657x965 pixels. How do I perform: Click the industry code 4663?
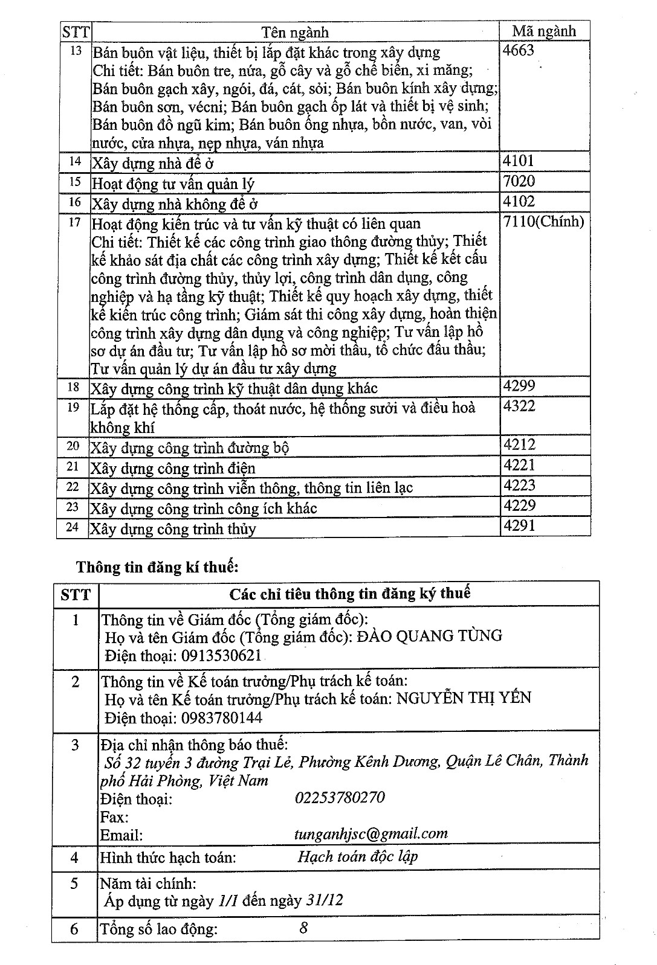[x=519, y=50]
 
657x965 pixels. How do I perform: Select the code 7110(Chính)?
[x=543, y=222]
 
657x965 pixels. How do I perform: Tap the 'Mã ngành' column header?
[x=544, y=31]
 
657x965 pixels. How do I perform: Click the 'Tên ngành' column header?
[x=295, y=32]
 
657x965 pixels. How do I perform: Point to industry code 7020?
[x=519, y=181]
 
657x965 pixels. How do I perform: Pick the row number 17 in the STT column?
[x=74, y=222]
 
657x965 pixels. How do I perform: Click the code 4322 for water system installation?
[x=519, y=406]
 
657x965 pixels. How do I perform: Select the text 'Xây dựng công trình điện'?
[x=173, y=468]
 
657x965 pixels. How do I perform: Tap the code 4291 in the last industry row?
[x=519, y=525]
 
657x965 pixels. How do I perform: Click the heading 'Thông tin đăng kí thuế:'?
[x=158, y=567]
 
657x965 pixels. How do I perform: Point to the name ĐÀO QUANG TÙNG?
[x=430, y=636]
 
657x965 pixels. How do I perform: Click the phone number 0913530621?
[x=220, y=655]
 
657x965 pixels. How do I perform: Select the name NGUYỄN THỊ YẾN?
[x=464, y=698]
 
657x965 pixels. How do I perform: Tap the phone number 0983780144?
[x=220, y=718]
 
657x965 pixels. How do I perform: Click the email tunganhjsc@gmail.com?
[x=371, y=834]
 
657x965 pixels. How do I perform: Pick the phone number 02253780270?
[x=340, y=798]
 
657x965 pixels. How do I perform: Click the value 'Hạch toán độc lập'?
[x=357, y=856]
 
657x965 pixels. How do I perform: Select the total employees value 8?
[x=303, y=928]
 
